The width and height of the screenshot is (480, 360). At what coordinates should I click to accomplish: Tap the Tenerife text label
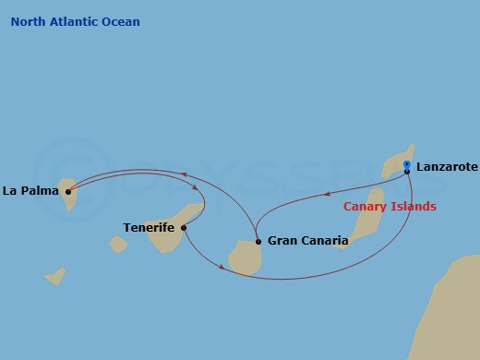pos(150,226)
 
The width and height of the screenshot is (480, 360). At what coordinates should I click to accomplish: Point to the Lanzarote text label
pos(447,167)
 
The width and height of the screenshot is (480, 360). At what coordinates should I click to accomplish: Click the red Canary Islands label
pos(390,206)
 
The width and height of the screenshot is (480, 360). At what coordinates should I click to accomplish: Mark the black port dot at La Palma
pos(68,192)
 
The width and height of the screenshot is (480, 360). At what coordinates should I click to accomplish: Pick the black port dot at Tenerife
pos(184,227)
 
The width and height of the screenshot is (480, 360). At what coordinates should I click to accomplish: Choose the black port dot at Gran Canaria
pos(258,242)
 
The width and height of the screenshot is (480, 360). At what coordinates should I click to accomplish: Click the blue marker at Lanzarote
pos(407,165)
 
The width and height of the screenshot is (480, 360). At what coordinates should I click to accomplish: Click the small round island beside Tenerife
pos(118,244)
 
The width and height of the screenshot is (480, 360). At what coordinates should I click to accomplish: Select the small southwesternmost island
pos(55,275)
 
